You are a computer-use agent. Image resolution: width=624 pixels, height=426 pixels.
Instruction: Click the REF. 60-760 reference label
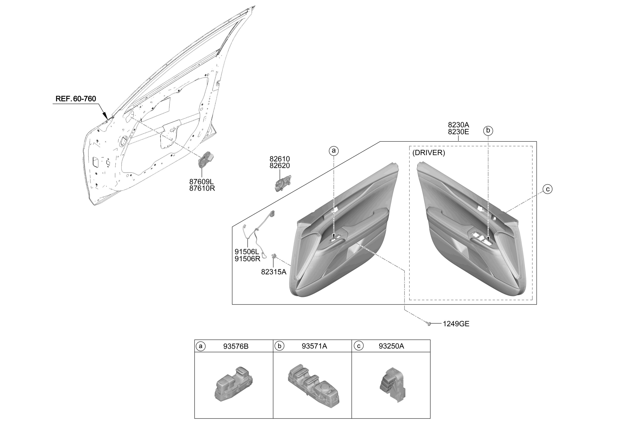76,99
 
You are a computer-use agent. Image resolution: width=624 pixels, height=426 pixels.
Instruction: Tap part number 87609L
201,182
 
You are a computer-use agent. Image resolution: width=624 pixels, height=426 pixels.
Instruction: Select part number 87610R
202,188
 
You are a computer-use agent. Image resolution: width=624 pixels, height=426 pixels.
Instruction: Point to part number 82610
280,159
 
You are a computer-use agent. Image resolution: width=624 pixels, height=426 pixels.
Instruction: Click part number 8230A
458,125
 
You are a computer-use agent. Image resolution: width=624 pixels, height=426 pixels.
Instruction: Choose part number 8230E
458,132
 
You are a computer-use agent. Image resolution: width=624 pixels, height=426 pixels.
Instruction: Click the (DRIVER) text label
429,153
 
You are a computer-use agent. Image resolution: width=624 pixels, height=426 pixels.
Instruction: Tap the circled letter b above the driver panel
488,131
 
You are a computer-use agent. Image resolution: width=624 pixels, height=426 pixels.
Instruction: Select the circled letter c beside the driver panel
547,189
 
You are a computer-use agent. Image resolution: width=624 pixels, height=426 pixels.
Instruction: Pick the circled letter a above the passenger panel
334,151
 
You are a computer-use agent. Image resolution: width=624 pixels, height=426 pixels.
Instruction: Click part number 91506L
247,252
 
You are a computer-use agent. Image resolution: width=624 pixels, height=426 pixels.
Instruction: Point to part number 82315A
274,272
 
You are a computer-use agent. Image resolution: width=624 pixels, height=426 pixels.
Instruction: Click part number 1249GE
456,324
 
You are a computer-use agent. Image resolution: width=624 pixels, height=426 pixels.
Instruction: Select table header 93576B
236,346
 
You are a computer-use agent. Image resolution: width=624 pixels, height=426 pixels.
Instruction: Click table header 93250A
391,346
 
